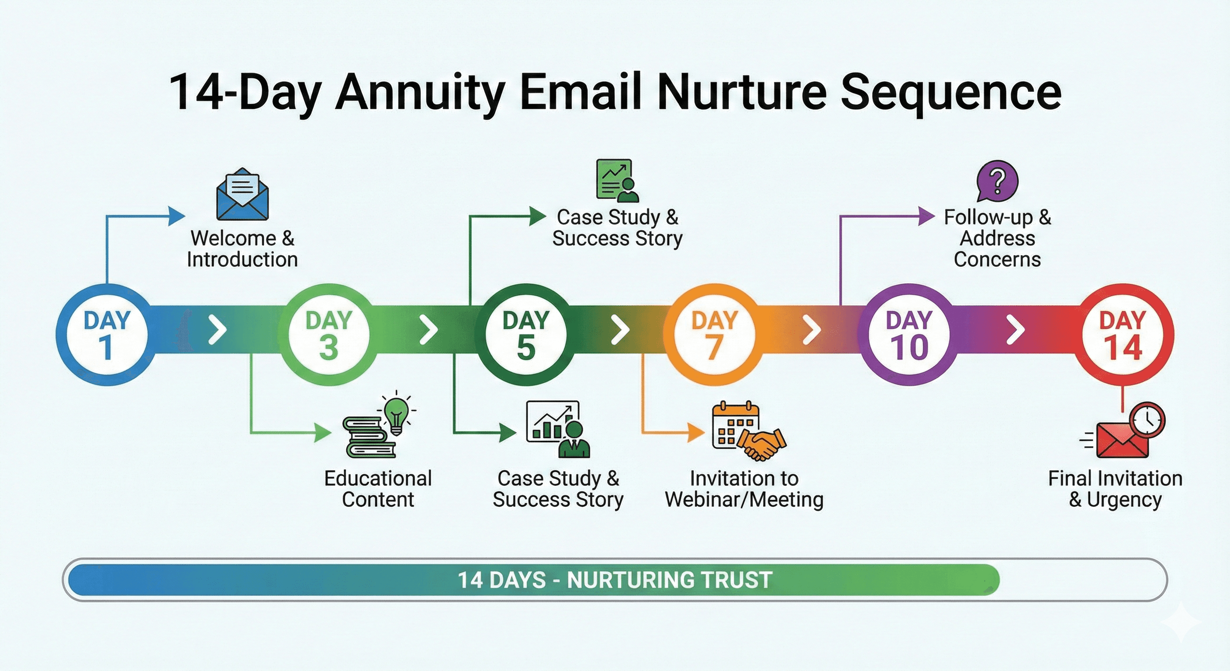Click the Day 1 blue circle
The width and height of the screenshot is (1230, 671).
(x=106, y=334)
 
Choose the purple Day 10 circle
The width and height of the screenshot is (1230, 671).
(x=909, y=334)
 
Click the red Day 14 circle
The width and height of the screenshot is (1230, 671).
(x=1123, y=334)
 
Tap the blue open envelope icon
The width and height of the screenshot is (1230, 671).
(x=242, y=195)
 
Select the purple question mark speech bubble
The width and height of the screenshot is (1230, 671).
(x=997, y=181)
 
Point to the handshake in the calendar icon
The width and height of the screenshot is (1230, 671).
(x=762, y=443)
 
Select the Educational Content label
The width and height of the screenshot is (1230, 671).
(x=378, y=488)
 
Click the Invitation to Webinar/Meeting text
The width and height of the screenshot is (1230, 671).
(x=744, y=488)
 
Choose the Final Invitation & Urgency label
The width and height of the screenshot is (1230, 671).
(x=1115, y=488)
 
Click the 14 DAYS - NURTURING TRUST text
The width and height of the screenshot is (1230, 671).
(x=615, y=580)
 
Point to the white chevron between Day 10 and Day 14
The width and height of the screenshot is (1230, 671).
(x=1016, y=329)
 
